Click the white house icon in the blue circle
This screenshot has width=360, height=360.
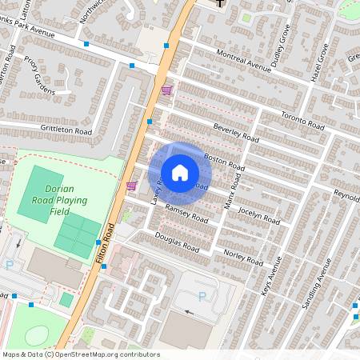coord(180,173)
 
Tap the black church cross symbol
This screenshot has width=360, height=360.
coord(222,3)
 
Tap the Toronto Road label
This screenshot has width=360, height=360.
coord(303,122)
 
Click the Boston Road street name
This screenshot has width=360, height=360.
coord(224,160)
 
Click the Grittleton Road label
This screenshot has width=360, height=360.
coord(67,129)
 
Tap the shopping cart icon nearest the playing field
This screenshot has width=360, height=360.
coord(131,186)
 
